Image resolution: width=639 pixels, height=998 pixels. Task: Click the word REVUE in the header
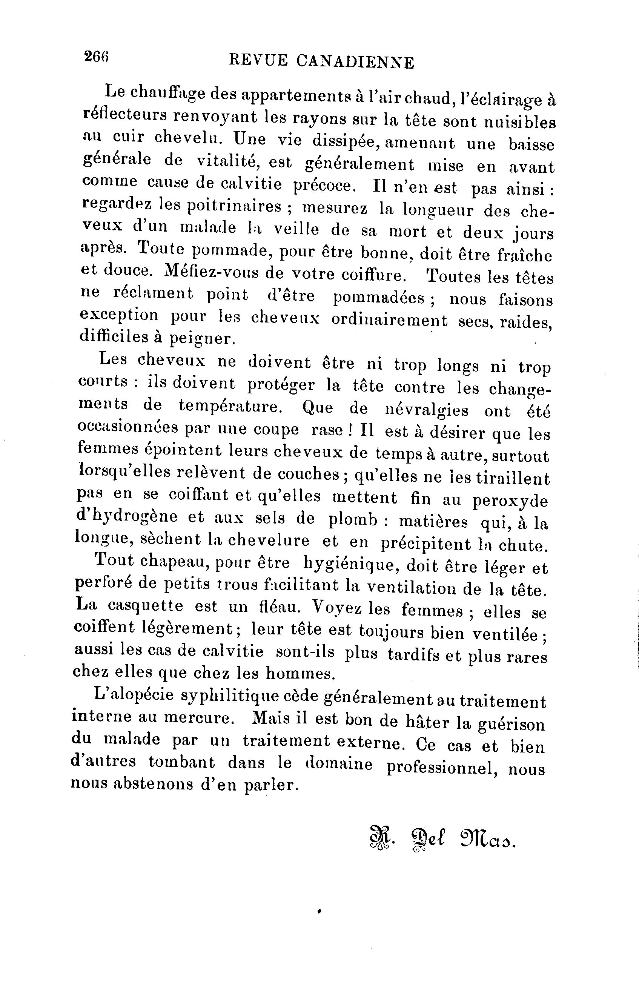258,61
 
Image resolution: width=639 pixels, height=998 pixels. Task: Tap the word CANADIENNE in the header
355,62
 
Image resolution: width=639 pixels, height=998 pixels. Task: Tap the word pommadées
379,298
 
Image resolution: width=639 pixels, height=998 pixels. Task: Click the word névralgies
427,410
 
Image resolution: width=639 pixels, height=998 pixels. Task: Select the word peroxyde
510,501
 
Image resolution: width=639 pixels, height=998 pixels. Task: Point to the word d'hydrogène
127,516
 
